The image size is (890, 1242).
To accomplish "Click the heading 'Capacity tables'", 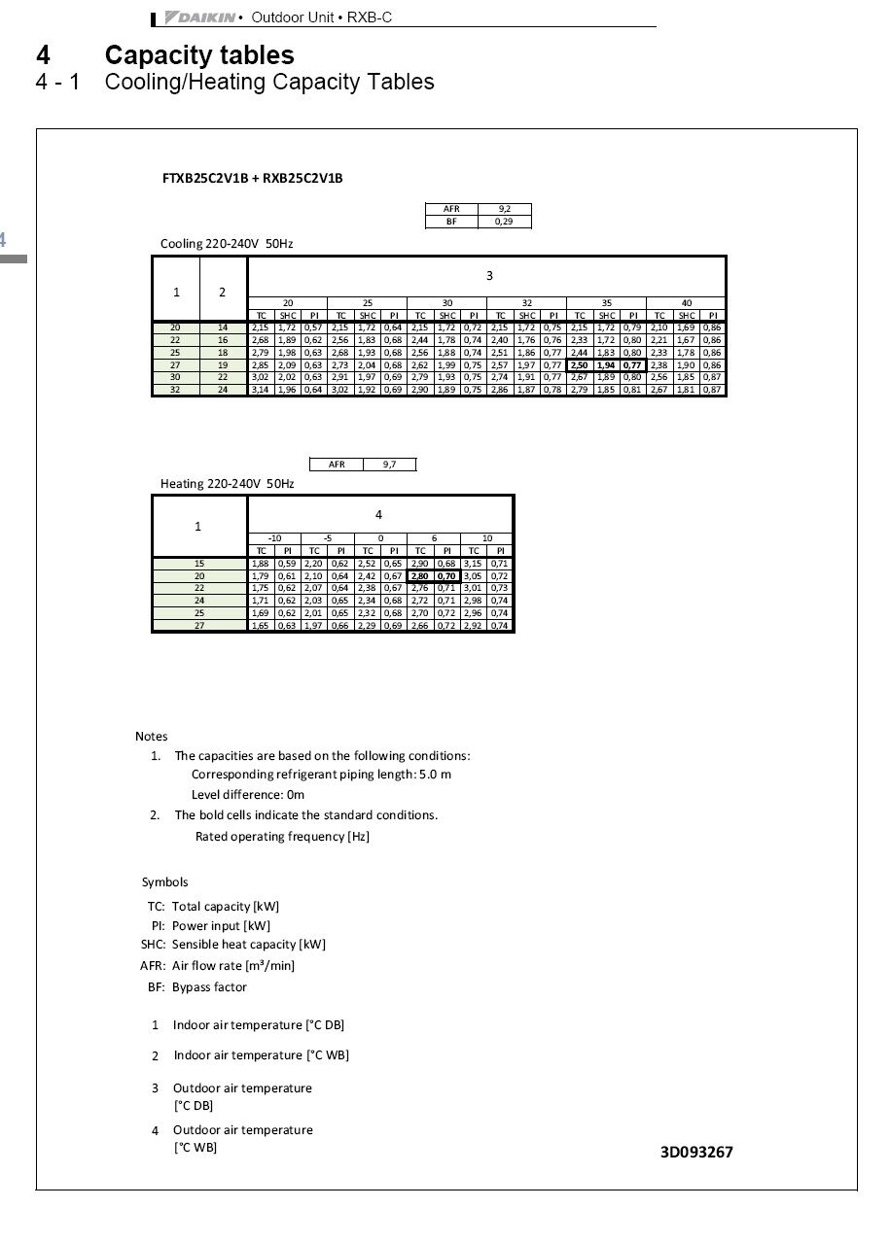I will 199,55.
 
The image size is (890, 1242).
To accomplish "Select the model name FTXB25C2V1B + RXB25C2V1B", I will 252,179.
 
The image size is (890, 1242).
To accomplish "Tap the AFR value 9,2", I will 505,209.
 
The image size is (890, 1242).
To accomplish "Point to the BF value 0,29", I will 505,222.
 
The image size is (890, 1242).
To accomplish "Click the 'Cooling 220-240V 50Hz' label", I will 227,244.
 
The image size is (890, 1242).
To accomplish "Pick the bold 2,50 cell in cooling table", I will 580,365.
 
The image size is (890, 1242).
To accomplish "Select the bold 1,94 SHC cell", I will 607,365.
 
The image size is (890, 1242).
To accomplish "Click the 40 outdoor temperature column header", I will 686,303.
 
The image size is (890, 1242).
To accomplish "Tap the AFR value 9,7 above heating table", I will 389,465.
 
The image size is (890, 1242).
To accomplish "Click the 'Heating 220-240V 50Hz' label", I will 227,483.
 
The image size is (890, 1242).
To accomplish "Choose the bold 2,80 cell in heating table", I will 420,576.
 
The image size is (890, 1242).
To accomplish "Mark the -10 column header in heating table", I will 274,538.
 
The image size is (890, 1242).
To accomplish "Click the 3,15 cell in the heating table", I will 473,564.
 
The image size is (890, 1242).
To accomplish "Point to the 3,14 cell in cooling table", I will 261,390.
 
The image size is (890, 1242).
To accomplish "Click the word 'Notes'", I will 151,737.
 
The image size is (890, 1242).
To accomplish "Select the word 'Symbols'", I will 164,882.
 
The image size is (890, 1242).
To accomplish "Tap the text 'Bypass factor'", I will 209,987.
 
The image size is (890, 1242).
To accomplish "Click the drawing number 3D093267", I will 696,1153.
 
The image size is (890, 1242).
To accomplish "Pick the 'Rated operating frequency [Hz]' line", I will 282,837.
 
